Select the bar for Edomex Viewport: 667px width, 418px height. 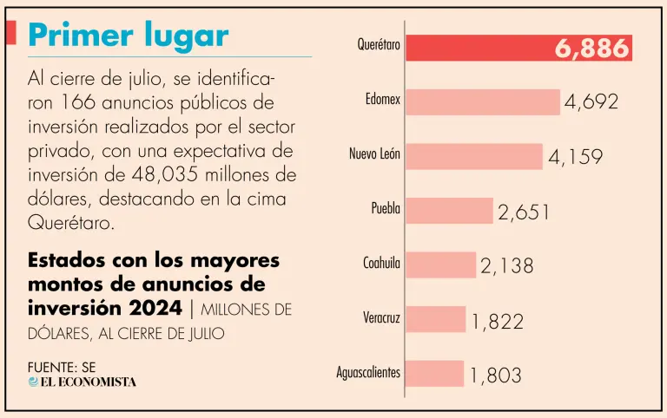(x=483, y=101)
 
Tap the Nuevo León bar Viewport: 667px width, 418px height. (x=474, y=156)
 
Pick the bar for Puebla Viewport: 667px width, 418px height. (x=449, y=211)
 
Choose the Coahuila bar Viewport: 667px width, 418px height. (x=440, y=265)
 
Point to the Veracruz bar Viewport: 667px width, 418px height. (x=435, y=319)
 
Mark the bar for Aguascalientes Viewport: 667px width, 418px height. (x=434, y=374)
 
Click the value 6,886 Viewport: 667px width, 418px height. (x=591, y=49)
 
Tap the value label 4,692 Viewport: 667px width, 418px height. (x=591, y=102)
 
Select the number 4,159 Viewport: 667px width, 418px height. (x=575, y=158)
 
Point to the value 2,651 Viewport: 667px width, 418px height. (x=524, y=212)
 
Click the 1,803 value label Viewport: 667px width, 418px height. (x=496, y=375)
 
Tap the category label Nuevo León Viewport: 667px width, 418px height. (x=374, y=154)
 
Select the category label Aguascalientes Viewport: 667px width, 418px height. (x=368, y=373)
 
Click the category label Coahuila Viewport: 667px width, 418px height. (x=381, y=264)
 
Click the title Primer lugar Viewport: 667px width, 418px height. (x=129, y=36)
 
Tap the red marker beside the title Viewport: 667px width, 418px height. (x=11, y=33)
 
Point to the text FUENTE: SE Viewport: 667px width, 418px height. (x=61, y=367)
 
